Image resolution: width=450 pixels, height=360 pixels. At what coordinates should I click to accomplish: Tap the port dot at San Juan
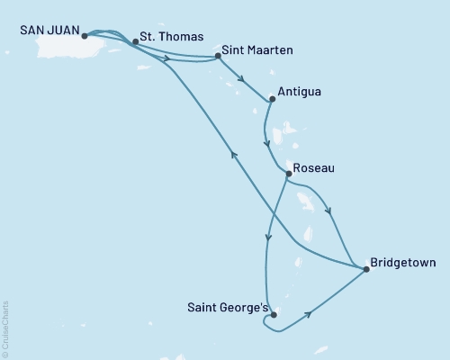pyautogui.click(x=84, y=37)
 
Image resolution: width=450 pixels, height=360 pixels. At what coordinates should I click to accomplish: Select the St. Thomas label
pyautogui.click(x=163, y=40)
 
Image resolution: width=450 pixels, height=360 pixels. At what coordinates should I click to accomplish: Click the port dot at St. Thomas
pyautogui.click(x=134, y=41)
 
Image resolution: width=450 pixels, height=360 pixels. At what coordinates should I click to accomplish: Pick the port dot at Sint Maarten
pyautogui.click(x=219, y=57)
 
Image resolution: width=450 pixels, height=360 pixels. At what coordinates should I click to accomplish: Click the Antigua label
pyautogui.click(x=301, y=91)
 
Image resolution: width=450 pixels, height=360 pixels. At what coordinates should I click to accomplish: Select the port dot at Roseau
pyautogui.click(x=287, y=174)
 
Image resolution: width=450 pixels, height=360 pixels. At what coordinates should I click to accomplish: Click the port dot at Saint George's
pyautogui.click(x=273, y=315)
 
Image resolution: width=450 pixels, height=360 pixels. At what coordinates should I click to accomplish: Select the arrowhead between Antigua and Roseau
pyautogui.click(x=265, y=141)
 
